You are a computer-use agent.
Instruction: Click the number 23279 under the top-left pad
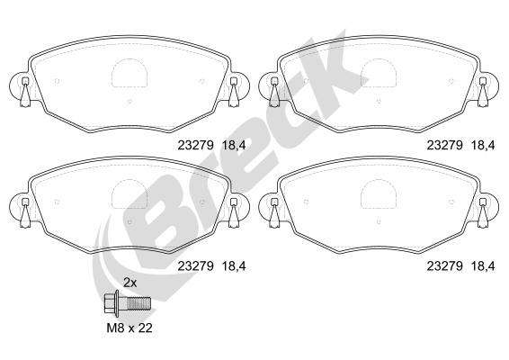click(195, 145)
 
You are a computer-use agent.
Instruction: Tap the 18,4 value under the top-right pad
click(483, 145)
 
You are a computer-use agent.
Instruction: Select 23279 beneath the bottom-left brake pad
click(195, 266)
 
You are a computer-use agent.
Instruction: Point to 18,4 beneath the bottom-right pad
click(483, 266)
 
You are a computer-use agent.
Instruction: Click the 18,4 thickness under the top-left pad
click(234, 145)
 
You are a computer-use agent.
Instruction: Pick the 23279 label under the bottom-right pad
click(444, 266)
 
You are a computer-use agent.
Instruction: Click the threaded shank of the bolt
click(138, 304)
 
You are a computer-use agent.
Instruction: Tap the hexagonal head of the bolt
click(110, 304)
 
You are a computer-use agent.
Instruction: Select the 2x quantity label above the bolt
click(129, 283)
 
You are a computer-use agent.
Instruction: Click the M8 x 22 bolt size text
click(129, 328)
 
